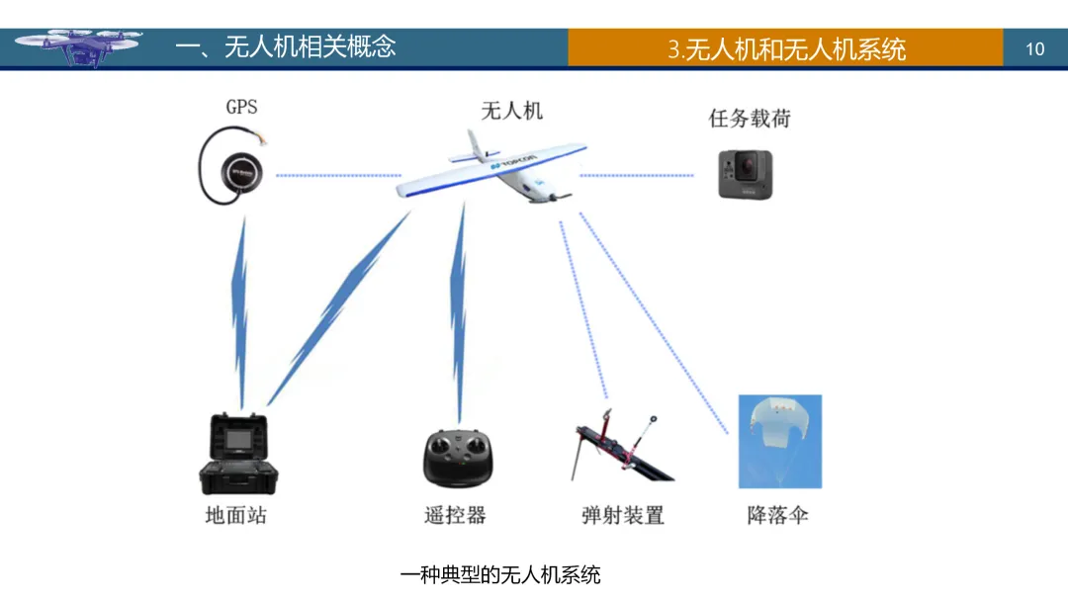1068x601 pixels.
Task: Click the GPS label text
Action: tap(241, 107)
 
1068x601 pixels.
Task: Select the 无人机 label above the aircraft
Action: tap(511, 110)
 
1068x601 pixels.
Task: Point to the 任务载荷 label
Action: tap(750, 119)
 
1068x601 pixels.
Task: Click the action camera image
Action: tap(745, 174)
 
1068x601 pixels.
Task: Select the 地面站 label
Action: tap(235, 515)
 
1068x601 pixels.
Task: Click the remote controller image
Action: tap(458, 458)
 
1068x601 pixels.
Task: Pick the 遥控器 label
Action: tap(456, 515)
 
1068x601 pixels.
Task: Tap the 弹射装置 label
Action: tap(622, 515)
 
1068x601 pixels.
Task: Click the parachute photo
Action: tap(779, 441)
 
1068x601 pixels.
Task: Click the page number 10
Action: tap(1034, 48)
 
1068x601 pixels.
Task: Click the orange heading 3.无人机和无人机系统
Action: tap(786, 49)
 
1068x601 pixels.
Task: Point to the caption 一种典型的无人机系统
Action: tap(500, 574)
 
